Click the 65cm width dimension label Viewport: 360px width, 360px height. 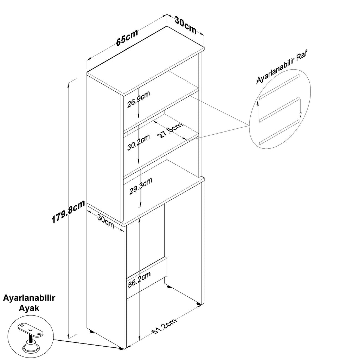tap(127, 37)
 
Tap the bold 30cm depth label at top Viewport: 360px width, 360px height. tap(186, 25)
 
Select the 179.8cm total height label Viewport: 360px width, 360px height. tap(68, 211)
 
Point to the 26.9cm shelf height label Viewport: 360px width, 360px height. tap(139, 99)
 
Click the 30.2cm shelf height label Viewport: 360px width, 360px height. tap(139, 142)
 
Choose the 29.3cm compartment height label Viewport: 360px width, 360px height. tap(141, 186)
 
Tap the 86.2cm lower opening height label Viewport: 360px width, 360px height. tap(139, 279)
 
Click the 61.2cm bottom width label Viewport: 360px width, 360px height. tap(165, 326)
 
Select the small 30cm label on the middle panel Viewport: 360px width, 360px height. tap(105, 221)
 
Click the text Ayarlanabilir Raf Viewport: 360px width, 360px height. tap(282, 67)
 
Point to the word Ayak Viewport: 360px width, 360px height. tap(29, 308)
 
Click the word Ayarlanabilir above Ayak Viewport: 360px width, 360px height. tap(29, 298)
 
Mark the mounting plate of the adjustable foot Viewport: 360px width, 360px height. tap(31, 330)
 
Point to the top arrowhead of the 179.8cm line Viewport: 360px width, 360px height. tap(68, 85)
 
